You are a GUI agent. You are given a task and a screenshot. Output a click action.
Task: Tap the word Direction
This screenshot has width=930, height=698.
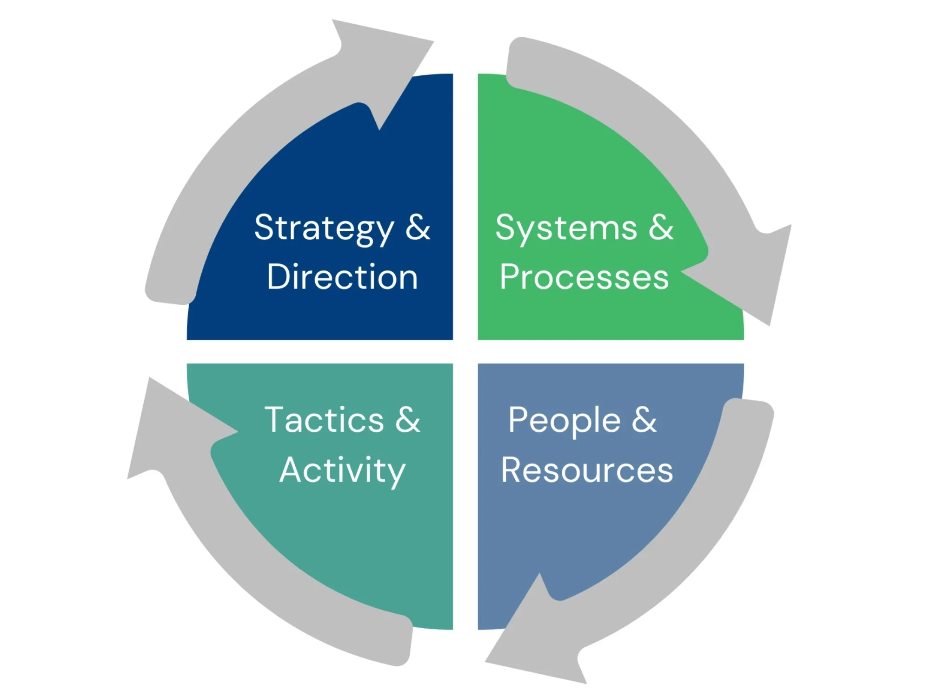[342, 277]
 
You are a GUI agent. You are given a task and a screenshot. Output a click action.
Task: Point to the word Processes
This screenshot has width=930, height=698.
[584, 277]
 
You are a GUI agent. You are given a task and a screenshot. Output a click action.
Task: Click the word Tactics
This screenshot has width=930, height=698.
[324, 420]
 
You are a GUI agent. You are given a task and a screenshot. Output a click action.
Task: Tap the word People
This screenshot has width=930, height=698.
[564, 420]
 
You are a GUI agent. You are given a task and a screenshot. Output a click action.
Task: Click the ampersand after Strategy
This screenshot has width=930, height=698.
[418, 228]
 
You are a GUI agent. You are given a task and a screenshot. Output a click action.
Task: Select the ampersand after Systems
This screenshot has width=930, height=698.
[661, 228]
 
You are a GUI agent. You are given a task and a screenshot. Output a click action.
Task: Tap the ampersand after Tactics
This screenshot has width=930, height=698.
[408, 420]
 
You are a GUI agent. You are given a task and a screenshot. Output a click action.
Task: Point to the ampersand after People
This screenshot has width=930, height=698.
[644, 420]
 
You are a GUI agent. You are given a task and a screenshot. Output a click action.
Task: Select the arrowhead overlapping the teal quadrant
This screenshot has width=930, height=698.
[172, 428]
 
